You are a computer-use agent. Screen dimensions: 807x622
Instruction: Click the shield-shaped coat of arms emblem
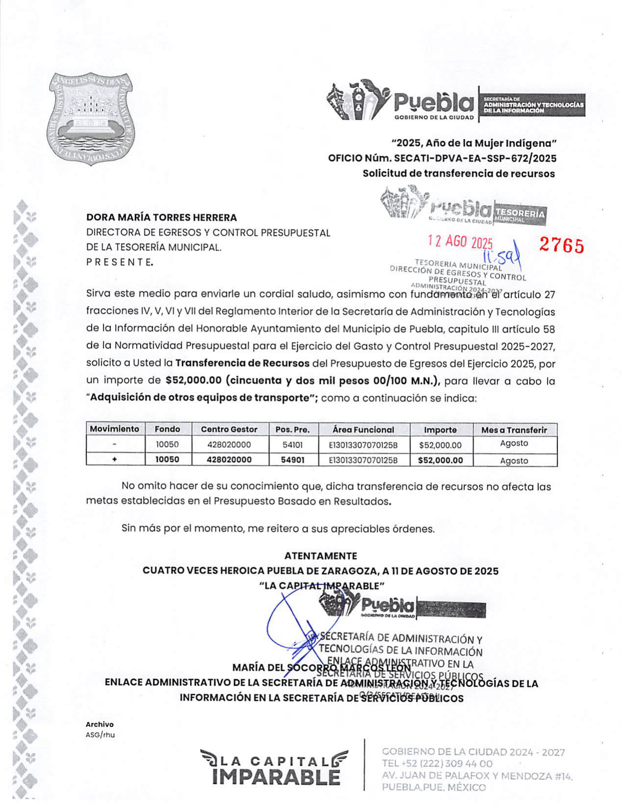91,119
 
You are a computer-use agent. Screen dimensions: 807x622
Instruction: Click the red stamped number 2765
561,245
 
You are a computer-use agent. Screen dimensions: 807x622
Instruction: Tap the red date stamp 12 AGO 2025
460,242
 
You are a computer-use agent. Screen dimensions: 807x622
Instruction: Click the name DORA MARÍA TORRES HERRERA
162,217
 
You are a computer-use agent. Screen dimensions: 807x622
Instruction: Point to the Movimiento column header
115,429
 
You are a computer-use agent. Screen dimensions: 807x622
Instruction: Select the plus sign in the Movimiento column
115,460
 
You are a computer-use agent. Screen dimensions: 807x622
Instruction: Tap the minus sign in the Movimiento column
115,445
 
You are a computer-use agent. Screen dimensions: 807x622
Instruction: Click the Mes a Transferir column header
514,430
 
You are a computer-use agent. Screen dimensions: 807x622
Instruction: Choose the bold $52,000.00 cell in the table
440,460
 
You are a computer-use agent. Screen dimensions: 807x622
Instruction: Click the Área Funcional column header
363,429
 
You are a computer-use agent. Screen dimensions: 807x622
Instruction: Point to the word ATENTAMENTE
321,556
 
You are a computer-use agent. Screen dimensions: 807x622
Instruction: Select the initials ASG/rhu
100,735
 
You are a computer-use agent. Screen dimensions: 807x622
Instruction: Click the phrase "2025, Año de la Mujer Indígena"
474,143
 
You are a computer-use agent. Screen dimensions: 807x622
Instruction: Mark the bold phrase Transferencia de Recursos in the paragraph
242,363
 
